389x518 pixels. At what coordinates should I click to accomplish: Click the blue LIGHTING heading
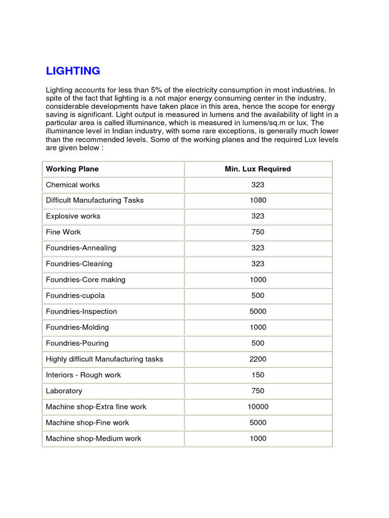click(x=73, y=71)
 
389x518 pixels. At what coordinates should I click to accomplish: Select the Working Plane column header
click(x=72, y=169)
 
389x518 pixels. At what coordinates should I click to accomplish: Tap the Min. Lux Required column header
click(x=258, y=169)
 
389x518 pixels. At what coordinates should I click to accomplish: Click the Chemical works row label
click(x=72, y=185)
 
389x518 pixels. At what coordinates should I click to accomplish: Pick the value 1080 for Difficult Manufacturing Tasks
click(x=258, y=200)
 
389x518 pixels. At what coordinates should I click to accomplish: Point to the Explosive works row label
click(x=73, y=216)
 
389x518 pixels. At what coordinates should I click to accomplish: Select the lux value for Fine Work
click(x=258, y=232)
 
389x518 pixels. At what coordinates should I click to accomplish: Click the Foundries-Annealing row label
click(x=81, y=248)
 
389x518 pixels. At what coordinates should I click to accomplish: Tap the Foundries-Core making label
click(x=86, y=280)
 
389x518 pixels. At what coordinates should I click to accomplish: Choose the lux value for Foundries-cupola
click(x=258, y=295)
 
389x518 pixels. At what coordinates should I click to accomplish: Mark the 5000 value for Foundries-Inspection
click(x=258, y=312)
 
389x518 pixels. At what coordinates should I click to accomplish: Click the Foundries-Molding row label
click(x=77, y=327)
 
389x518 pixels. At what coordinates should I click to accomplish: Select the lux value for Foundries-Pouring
click(x=258, y=343)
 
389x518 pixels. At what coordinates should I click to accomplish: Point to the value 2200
click(x=258, y=359)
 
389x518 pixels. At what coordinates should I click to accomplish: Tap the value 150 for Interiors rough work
click(x=258, y=375)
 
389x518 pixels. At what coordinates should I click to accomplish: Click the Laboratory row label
click(x=64, y=391)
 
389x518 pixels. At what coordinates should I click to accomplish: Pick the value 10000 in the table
click(x=258, y=407)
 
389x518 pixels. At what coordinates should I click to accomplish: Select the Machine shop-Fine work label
click(x=87, y=422)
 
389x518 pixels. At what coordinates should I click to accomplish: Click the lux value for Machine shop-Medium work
click(x=258, y=439)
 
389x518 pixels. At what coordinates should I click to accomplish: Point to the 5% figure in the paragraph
click(x=155, y=90)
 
